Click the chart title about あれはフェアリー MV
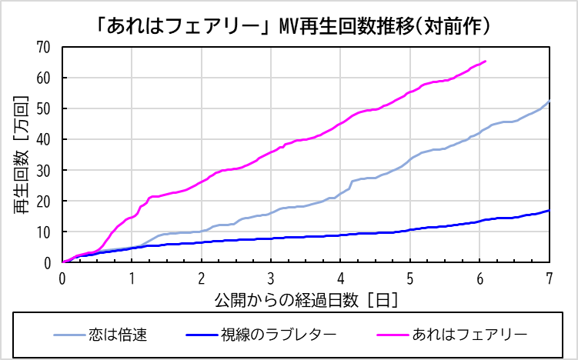click(289, 25)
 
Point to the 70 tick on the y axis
click(43, 47)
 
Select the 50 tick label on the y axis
click(43, 108)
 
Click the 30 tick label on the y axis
click(43, 170)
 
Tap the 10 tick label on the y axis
click(43, 232)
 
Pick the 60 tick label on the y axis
click(43, 78)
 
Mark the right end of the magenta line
click(485, 62)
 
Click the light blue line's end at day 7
click(549, 102)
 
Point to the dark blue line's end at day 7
click(549, 210)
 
